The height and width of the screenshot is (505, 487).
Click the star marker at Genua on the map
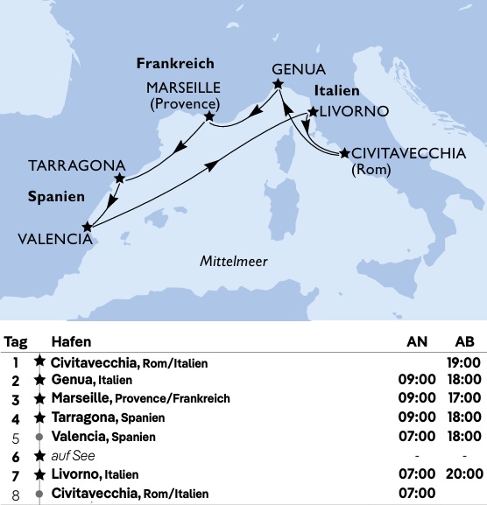(x=278, y=84)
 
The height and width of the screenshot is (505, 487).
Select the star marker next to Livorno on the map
(x=312, y=113)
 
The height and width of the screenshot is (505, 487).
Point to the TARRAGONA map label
(x=75, y=165)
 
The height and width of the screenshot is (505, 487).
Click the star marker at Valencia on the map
(x=86, y=227)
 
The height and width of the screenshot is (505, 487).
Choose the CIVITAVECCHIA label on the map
(x=408, y=151)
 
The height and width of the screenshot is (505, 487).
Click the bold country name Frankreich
(x=175, y=64)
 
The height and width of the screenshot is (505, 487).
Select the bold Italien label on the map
(x=337, y=91)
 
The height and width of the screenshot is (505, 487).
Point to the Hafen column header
(x=71, y=341)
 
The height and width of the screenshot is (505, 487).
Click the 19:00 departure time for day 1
(x=463, y=361)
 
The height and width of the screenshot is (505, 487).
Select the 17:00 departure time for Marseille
(x=463, y=398)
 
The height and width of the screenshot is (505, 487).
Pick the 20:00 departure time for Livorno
(x=463, y=473)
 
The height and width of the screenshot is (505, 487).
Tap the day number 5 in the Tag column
(x=16, y=436)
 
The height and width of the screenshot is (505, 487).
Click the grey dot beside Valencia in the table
(x=39, y=436)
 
